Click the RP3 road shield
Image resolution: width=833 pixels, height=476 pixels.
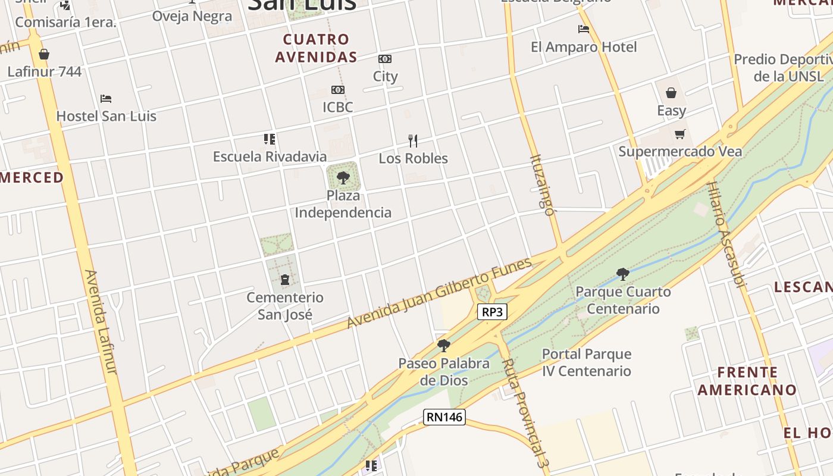tap(492, 311)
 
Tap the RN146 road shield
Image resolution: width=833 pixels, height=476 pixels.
tap(444, 417)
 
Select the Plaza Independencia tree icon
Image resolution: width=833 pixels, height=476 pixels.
tap(343, 177)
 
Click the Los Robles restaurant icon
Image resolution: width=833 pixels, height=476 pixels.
tap(413, 141)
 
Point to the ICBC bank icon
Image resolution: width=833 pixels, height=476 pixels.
tap(337, 90)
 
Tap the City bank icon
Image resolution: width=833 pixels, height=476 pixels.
tap(385, 59)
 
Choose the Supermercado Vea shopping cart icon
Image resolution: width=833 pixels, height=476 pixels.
tap(679, 134)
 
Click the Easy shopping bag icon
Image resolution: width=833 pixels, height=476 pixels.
tap(671, 93)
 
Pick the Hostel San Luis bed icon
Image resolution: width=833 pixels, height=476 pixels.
tap(106, 98)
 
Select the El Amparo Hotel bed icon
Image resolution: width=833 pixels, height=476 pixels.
tap(583, 29)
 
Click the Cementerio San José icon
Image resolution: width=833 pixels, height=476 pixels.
tap(285, 280)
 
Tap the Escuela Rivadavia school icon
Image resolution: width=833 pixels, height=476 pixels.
tap(270, 139)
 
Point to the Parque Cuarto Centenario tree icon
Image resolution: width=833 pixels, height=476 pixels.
tap(623, 274)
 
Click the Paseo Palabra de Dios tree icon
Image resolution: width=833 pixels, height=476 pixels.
tap(443, 346)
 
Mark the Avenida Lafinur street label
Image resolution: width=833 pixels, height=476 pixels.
tap(101, 321)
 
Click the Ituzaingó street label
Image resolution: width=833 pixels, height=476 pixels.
tap(542, 184)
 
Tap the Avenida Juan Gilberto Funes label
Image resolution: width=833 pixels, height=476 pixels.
tap(439, 293)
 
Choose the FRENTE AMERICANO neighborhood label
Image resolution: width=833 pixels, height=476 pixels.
tap(747, 381)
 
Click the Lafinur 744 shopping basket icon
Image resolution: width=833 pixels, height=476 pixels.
tap(44, 55)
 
